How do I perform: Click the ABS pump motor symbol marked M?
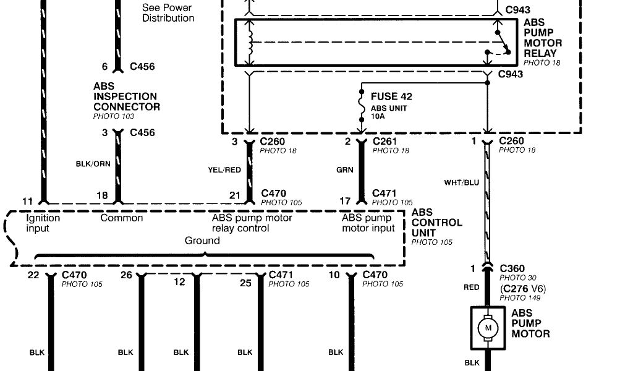coord(488,326)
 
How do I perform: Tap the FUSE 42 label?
coord(391,97)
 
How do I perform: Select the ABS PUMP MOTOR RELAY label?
coord(543,38)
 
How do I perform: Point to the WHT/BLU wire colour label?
coord(462,182)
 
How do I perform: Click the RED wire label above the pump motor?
coord(472,288)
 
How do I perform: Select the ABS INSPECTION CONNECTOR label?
coord(126,96)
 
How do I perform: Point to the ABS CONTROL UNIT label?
coord(436,223)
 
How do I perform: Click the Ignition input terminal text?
coord(43,223)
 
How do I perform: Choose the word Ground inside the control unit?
coord(202,241)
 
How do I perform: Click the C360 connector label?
coord(512,269)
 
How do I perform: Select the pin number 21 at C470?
coord(235,195)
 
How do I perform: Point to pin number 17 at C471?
coord(345,201)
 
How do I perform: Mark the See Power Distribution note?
coord(168,13)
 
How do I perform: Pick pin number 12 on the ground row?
coord(179,282)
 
